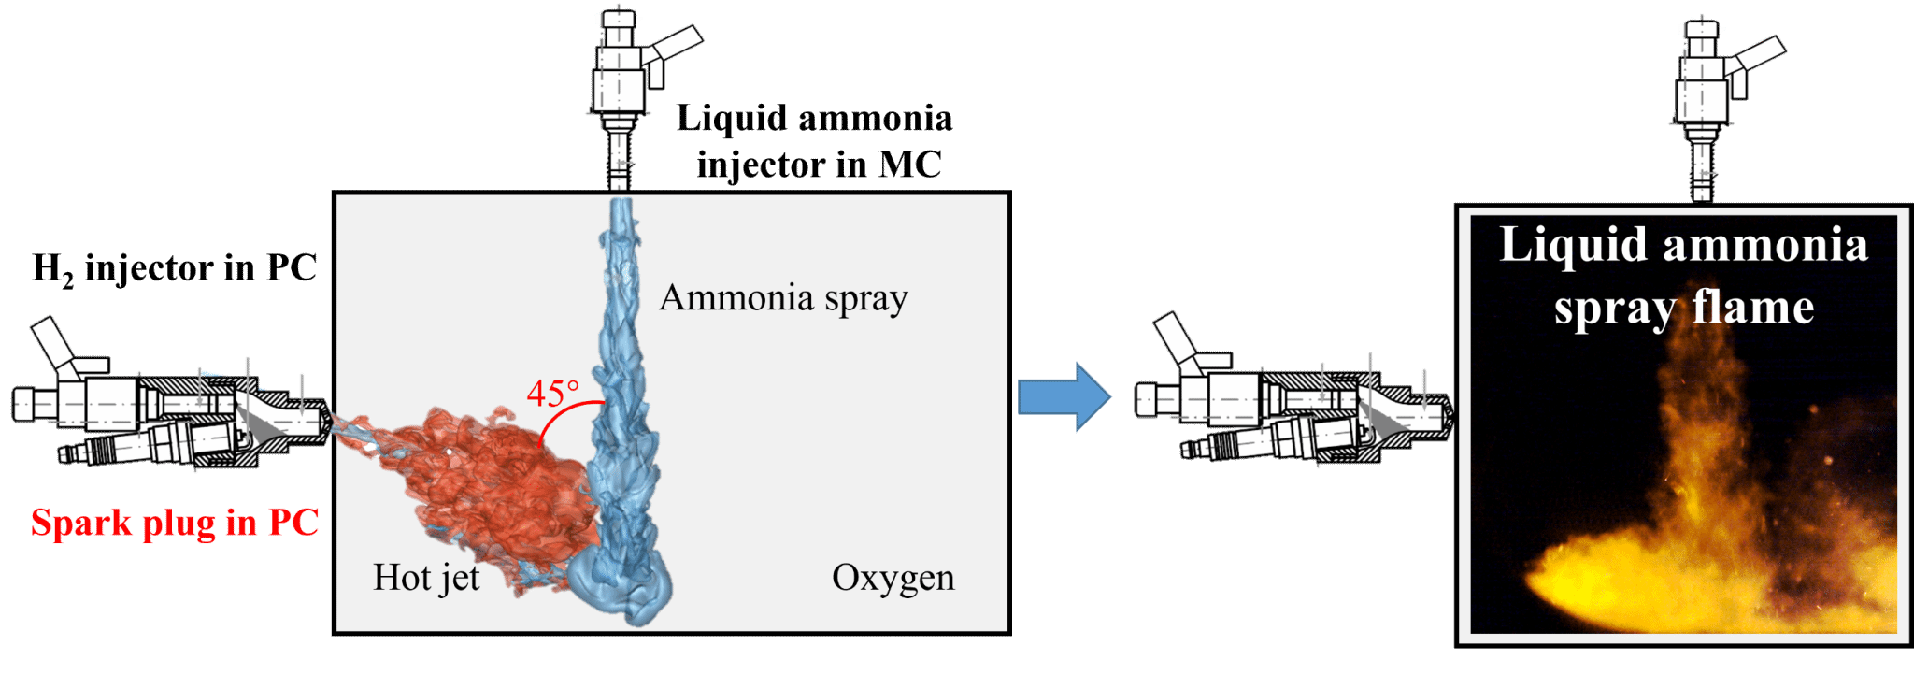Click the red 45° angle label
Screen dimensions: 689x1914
pyautogui.click(x=552, y=393)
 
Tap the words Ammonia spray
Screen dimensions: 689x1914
pyautogui.click(x=783, y=298)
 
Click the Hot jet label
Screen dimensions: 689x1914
pyautogui.click(x=426, y=578)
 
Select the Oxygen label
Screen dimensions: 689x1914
pyautogui.click(x=893, y=578)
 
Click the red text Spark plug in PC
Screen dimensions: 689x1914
pyautogui.click(x=175, y=523)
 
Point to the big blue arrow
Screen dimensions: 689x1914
pyautogui.click(x=1064, y=396)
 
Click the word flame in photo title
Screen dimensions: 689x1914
pyautogui.click(x=1753, y=307)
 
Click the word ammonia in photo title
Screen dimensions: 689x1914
pyautogui.click(x=1765, y=245)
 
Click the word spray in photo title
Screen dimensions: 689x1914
pyautogui.click(x=1615, y=309)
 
